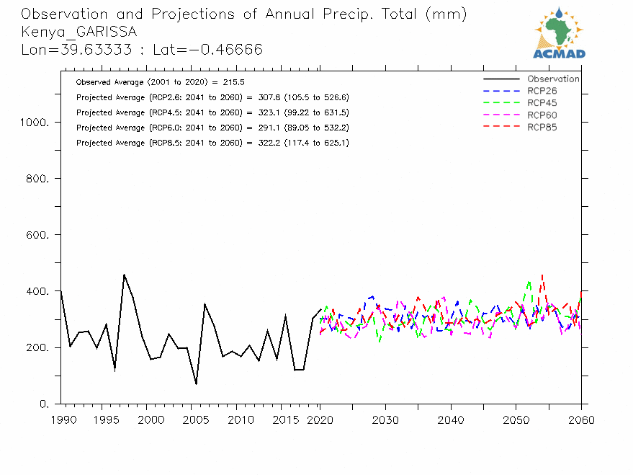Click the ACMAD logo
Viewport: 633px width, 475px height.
point(559,33)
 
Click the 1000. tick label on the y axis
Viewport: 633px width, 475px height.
point(35,123)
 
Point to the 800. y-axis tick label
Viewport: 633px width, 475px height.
point(37,179)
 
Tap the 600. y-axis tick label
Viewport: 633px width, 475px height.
point(37,235)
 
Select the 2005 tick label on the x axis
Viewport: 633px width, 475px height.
point(195,419)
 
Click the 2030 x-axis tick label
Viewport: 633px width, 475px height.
point(385,419)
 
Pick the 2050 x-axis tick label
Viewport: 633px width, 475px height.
point(515,419)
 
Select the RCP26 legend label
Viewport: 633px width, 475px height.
point(542,91)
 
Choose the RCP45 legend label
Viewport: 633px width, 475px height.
point(542,103)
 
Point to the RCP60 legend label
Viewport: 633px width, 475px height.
point(542,115)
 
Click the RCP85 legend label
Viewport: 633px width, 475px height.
point(542,128)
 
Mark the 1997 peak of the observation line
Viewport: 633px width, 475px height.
point(124,275)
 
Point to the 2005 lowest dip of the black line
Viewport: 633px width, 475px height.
point(196,383)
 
